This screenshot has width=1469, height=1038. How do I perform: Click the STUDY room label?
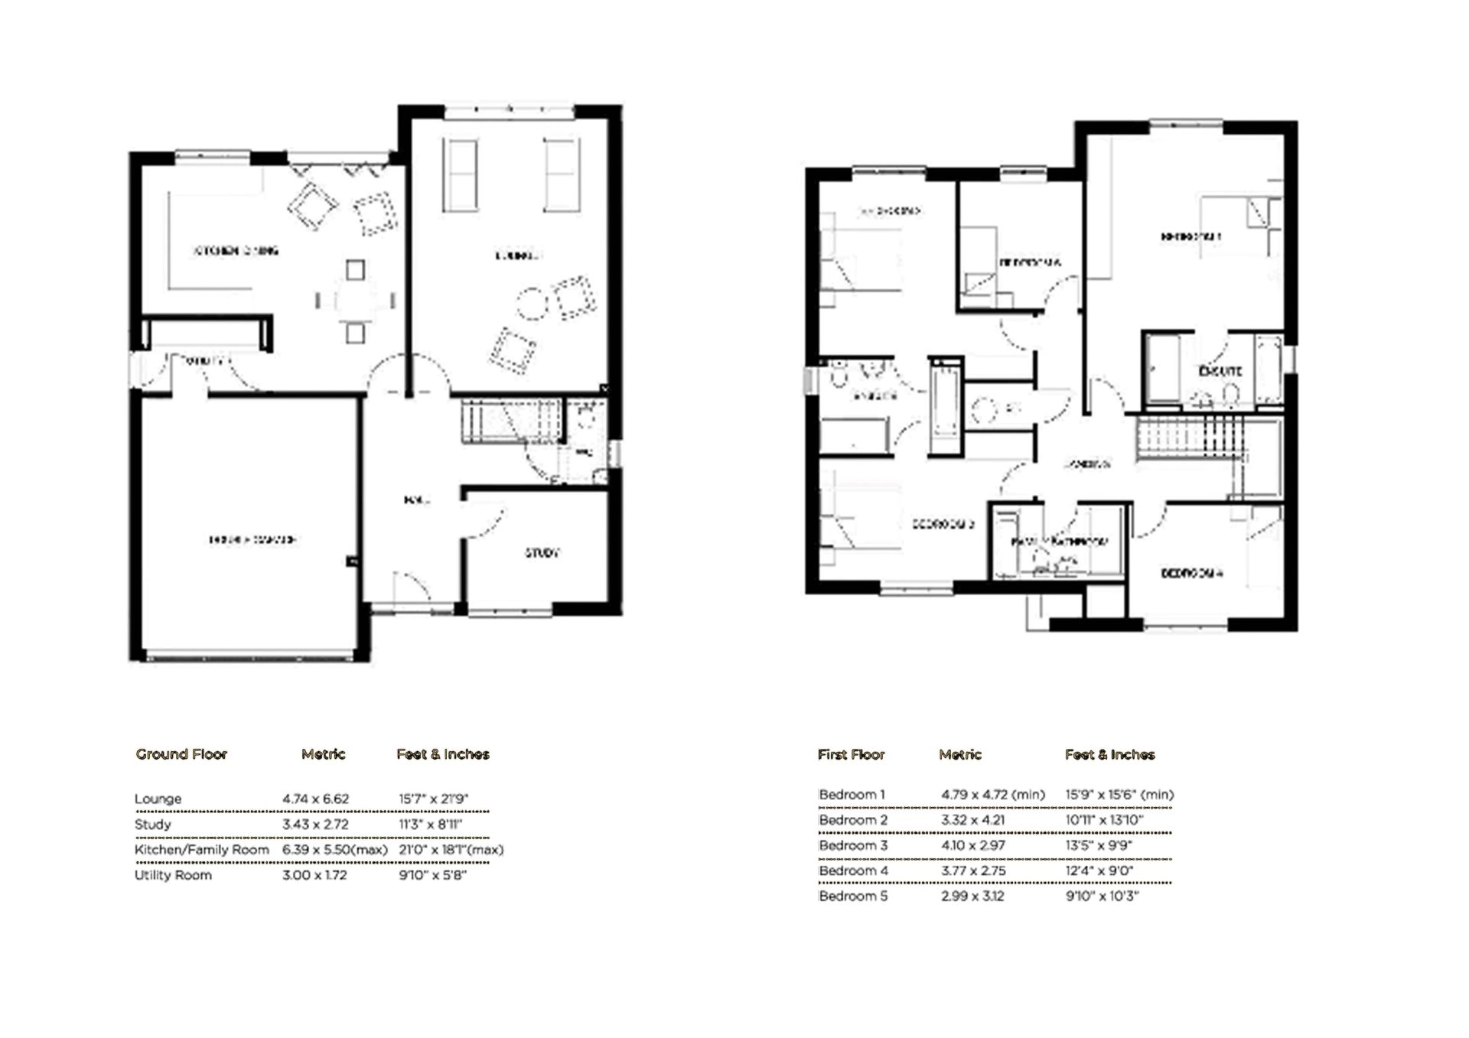[x=542, y=552]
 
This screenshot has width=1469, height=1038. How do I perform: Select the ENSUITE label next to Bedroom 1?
[x=1220, y=371]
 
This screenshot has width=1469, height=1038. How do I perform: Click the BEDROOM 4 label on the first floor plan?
[x=1191, y=572]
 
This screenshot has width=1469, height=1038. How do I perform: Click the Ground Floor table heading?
[x=181, y=754]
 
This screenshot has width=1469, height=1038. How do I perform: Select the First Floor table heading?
[x=851, y=754]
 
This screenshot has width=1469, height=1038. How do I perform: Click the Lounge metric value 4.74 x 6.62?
[x=315, y=799]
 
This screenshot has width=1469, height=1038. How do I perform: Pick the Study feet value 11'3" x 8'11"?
[x=430, y=825]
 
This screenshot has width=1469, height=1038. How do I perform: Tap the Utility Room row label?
[x=173, y=875]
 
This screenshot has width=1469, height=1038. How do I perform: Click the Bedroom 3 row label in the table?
[x=853, y=845]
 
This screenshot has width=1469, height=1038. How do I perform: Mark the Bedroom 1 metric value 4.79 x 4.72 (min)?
[x=992, y=795]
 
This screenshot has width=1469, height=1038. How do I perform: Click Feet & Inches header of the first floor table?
[x=1109, y=754]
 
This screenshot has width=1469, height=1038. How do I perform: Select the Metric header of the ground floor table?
[x=323, y=754]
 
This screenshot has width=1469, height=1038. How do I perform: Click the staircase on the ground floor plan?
[x=509, y=421]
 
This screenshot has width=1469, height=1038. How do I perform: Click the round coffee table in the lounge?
[x=533, y=303]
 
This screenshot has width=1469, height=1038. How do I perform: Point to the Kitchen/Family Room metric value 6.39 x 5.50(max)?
[x=334, y=850]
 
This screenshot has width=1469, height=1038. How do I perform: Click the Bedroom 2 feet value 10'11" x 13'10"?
[x=1104, y=820]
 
